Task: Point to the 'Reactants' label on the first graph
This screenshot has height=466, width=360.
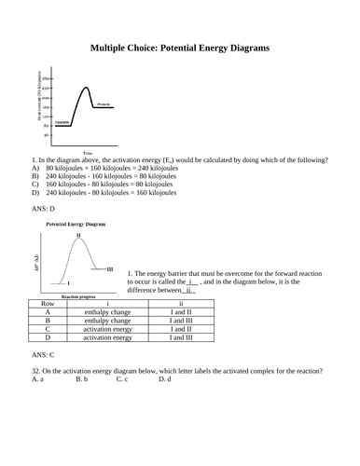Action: [x=62, y=122]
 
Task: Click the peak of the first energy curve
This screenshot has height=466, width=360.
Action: [x=87, y=88]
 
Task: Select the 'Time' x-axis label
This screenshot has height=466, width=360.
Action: [x=88, y=153]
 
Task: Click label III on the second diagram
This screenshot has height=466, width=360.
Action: [x=110, y=268]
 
